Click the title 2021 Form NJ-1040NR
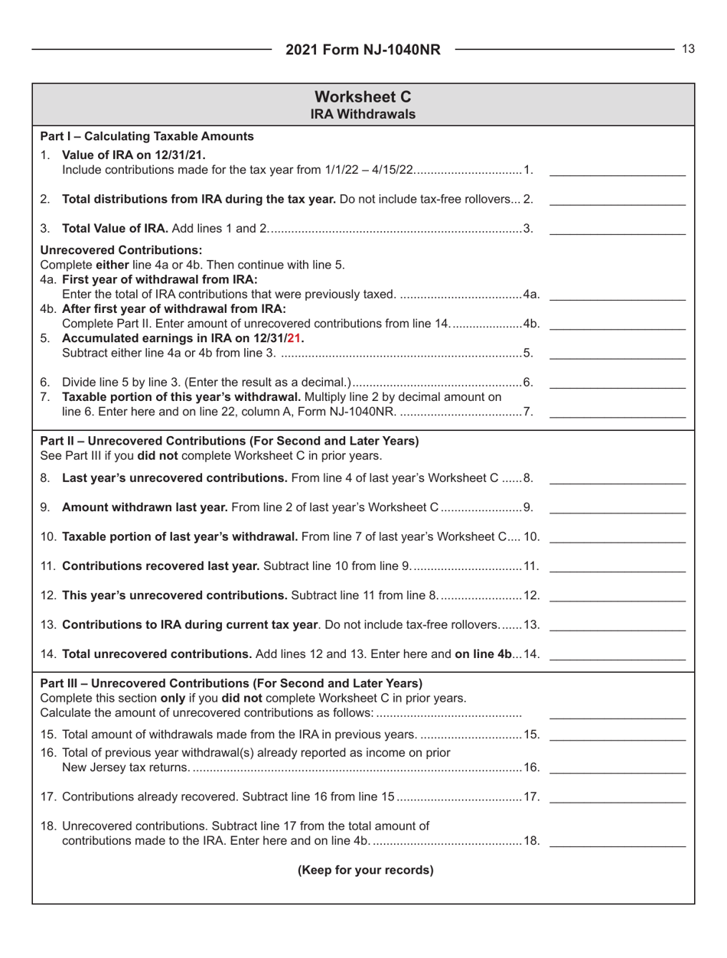[x=363, y=51]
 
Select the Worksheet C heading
[x=363, y=97]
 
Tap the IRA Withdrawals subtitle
[x=363, y=114]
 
